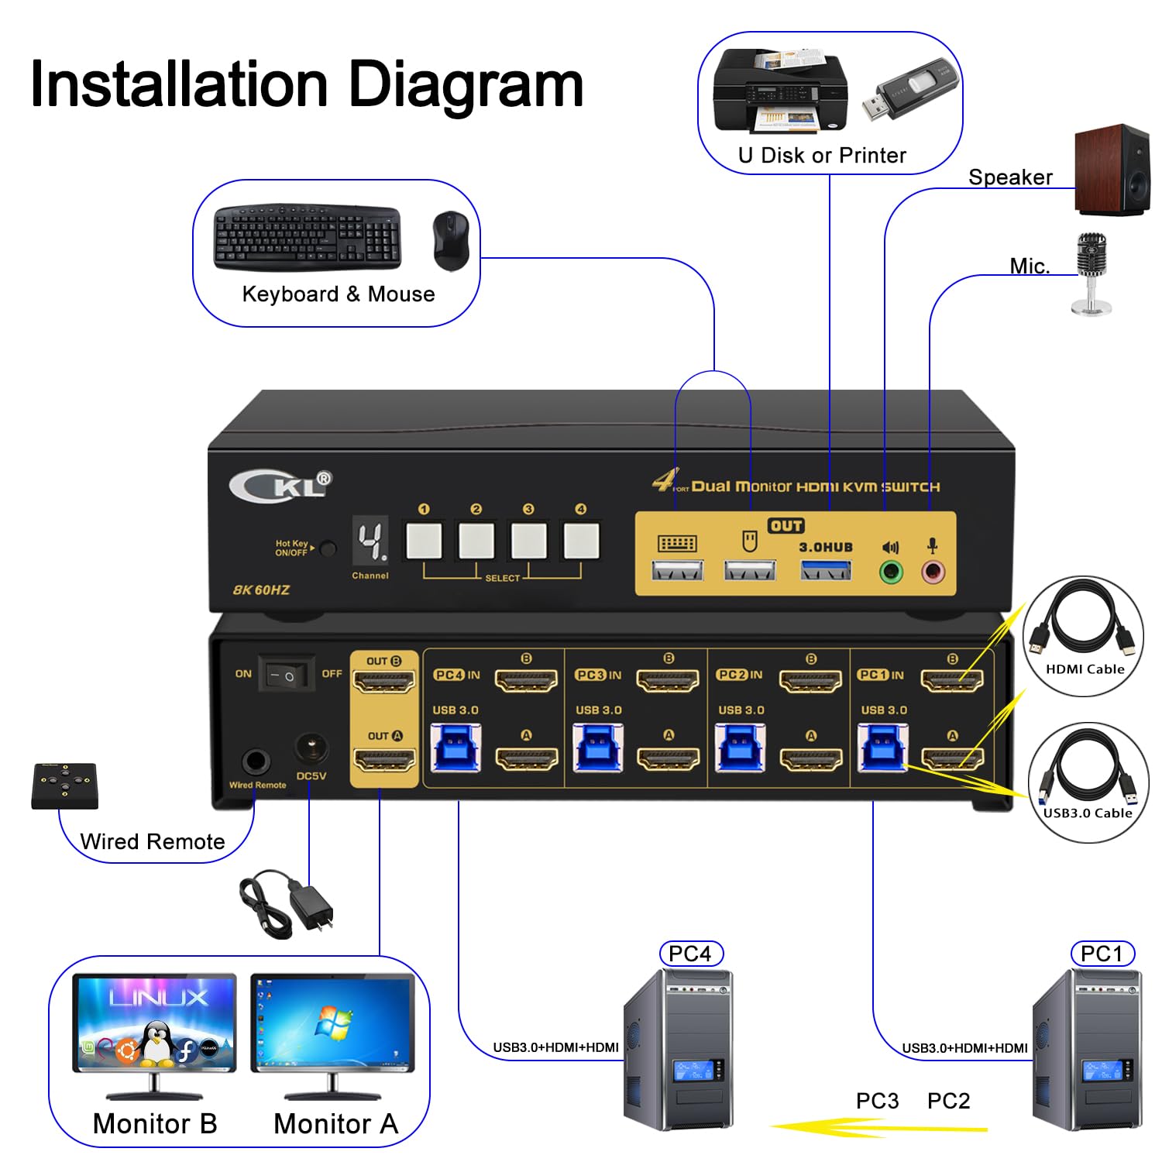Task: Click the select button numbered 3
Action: pyautogui.click(x=528, y=541)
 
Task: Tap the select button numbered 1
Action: pyautogui.click(x=424, y=541)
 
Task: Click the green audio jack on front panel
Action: pyautogui.click(x=892, y=572)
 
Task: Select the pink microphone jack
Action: pyautogui.click(x=933, y=572)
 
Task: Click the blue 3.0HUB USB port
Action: pyautogui.click(x=826, y=571)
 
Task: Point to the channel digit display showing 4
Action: pyautogui.click(x=370, y=541)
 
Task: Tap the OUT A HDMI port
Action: pyautogui.click(x=384, y=759)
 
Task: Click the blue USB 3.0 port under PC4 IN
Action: pyautogui.click(x=455, y=748)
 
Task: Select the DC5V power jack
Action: pyautogui.click(x=311, y=748)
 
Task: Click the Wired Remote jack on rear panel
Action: pyautogui.click(x=256, y=761)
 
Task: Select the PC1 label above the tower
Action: pyautogui.click(x=1102, y=954)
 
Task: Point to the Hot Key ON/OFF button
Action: pyautogui.click(x=328, y=549)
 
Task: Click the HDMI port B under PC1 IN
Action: pyautogui.click(x=952, y=680)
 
